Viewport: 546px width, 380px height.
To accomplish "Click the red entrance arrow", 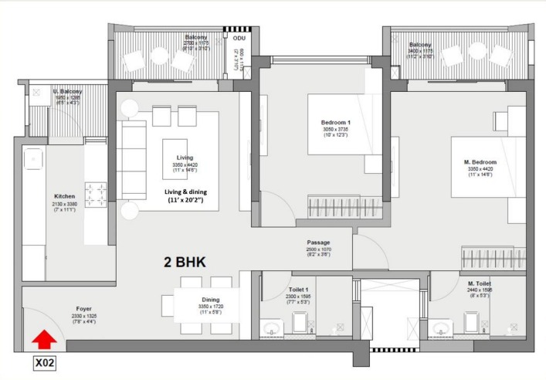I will [x=46, y=338].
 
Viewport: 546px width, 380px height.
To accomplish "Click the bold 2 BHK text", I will [x=185, y=262].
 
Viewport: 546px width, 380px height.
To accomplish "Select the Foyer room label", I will [x=84, y=308].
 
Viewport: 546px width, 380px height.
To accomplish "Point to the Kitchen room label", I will [x=64, y=196].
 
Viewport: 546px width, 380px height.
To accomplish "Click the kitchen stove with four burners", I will [x=96, y=195].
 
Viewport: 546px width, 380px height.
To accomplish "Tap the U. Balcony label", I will [x=68, y=92].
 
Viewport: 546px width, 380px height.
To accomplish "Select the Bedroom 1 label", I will [x=336, y=123].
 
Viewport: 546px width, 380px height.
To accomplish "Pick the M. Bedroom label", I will [x=480, y=162].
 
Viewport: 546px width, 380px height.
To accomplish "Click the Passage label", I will [x=318, y=242].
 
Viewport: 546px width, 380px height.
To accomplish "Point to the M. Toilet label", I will [x=477, y=283].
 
